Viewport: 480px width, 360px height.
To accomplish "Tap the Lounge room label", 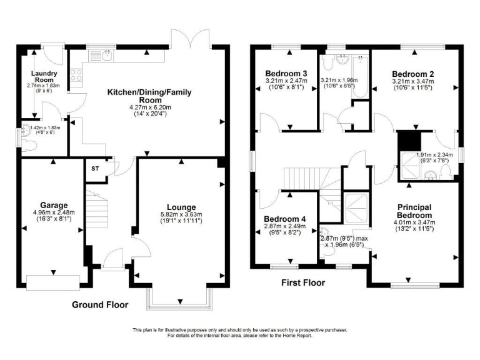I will [x=181, y=207].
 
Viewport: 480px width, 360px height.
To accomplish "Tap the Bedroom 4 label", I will [x=284, y=218].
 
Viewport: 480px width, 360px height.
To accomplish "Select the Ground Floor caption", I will [x=100, y=305].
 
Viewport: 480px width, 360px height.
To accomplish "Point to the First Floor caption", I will [x=303, y=282].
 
